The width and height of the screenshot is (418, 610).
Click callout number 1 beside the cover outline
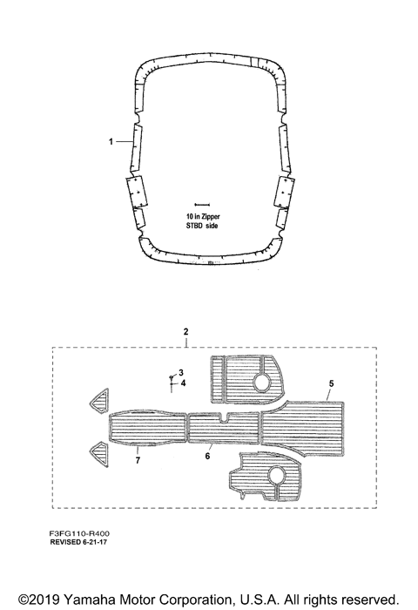[111, 141]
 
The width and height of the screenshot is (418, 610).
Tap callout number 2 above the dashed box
[185, 332]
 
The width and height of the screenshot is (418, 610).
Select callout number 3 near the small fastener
[181, 373]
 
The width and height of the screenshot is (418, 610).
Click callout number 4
[183, 383]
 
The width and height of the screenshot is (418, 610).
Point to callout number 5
[331, 383]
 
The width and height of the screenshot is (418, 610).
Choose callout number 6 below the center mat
[207, 456]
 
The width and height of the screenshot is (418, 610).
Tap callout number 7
[138, 461]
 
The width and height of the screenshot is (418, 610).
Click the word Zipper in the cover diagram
[210, 217]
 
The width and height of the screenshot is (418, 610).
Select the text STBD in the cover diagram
[194, 226]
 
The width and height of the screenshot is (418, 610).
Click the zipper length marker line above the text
[202, 204]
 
